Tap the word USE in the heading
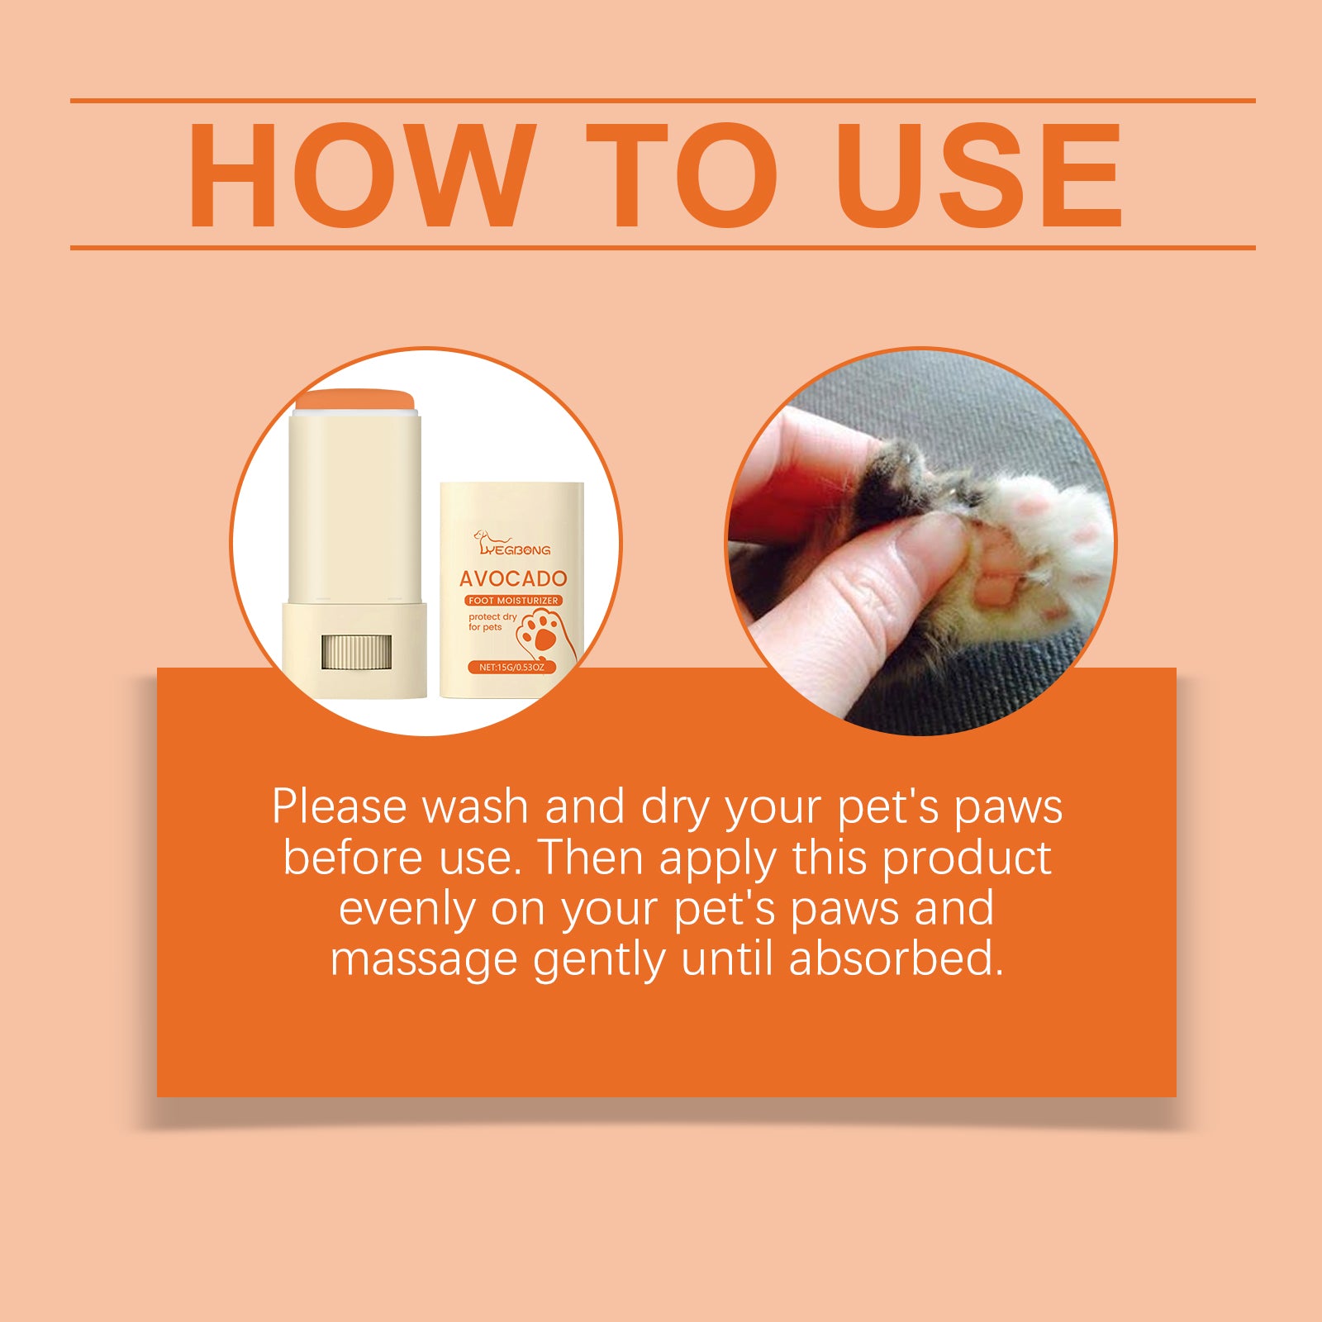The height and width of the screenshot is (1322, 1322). tap(979, 175)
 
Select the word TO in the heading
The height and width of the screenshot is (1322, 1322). tap(682, 175)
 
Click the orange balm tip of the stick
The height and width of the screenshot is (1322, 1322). tap(354, 401)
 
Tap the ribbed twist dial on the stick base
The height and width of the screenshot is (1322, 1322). tap(354, 652)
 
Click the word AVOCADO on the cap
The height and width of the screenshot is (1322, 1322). tap(513, 578)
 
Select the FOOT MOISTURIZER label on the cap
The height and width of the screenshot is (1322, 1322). tap(513, 601)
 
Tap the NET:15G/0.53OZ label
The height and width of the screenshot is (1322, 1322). tap(512, 667)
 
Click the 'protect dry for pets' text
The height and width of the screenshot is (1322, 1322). tap(491, 622)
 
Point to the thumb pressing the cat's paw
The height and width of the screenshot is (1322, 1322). tap(876, 595)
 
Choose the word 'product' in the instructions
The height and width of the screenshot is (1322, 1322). tap(967, 859)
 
